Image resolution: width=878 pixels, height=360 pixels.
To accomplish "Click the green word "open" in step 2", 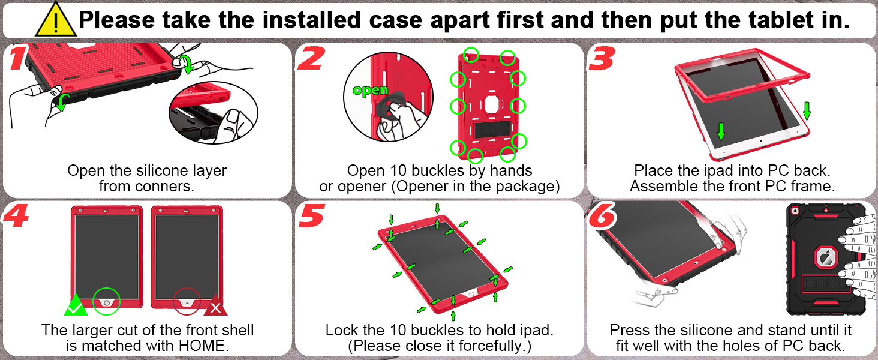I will coord(371,90).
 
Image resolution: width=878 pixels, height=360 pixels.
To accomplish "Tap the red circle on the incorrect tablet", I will coord(187,303).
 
